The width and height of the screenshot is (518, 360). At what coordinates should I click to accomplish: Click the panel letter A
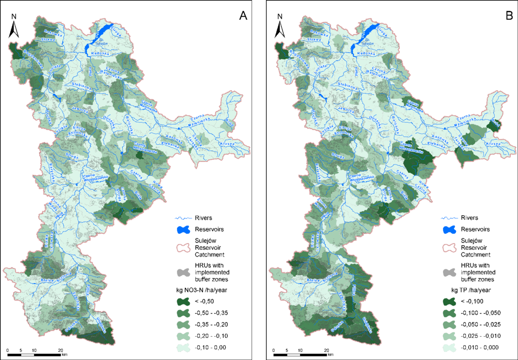(x=243, y=16)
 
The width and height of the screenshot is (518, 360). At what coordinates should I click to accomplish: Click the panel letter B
(x=508, y=16)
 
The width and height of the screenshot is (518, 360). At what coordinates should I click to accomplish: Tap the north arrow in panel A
(x=14, y=26)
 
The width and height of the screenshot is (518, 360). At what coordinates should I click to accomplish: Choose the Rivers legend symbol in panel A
(x=180, y=218)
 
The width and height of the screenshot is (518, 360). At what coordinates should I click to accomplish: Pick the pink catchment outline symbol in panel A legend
(x=180, y=247)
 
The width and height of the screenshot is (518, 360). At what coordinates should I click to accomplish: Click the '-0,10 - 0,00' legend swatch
(x=180, y=347)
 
